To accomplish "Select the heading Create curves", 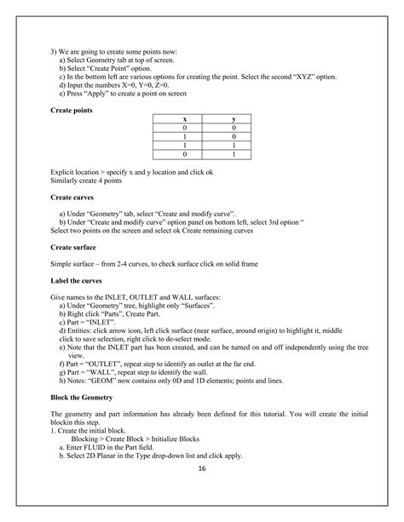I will click(x=72, y=197).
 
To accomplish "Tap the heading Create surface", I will click(x=73, y=246).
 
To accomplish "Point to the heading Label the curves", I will click(x=78, y=282).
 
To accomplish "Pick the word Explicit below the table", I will click(x=63, y=173).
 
